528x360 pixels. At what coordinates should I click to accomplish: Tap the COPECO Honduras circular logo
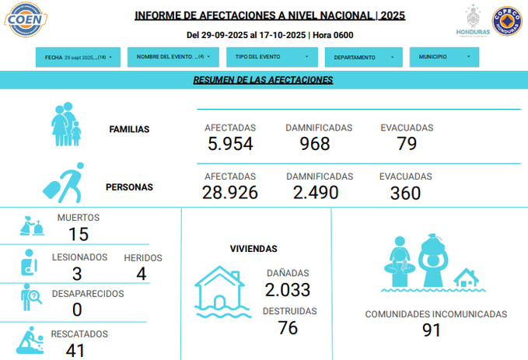508,22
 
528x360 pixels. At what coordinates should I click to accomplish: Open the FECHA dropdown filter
79,58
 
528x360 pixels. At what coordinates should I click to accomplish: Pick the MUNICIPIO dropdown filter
444,58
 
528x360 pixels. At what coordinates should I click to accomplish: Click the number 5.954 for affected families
231,144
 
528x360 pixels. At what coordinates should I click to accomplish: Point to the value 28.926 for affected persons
230,193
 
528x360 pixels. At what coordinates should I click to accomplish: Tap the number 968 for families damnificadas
315,144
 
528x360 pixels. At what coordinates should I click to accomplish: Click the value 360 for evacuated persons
405,193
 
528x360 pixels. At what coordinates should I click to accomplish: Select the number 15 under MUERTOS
78,234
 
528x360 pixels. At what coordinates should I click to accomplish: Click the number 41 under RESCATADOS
75,350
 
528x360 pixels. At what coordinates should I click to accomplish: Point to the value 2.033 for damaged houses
288,290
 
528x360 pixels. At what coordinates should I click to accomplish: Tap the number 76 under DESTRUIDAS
288,328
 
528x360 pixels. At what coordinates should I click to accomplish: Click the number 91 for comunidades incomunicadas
431,330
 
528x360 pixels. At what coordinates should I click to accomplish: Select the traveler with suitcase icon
62,184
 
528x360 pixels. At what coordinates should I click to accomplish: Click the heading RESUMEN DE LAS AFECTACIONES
263,79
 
